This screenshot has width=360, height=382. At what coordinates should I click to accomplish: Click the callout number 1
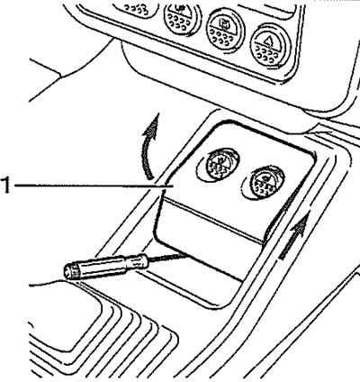[6, 186]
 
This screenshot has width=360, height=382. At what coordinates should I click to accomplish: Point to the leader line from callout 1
[94, 186]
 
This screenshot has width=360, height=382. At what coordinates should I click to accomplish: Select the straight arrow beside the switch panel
[293, 237]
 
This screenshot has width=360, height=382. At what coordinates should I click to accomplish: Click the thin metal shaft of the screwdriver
[168, 258]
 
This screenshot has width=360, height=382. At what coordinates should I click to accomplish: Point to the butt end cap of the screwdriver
[70, 272]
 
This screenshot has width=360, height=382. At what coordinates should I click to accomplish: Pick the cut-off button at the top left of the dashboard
[137, 9]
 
